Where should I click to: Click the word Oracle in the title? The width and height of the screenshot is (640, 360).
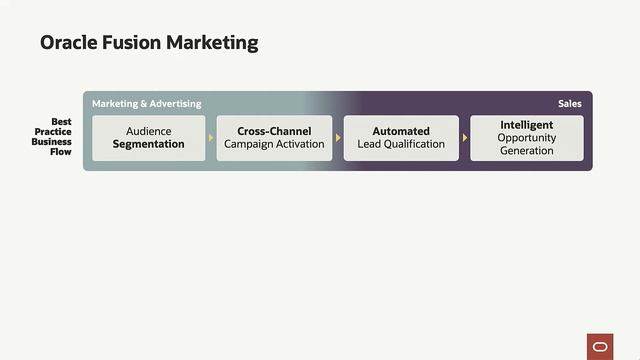click(x=68, y=43)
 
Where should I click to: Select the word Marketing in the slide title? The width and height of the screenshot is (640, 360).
click(x=212, y=43)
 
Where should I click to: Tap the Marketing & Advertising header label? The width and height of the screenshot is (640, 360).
click(x=147, y=104)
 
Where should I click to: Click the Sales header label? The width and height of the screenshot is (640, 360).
click(x=569, y=104)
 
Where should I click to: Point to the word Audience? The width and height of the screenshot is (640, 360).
click(x=149, y=131)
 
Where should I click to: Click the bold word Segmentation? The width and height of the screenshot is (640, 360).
click(x=149, y=144)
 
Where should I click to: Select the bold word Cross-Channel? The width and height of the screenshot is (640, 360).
click(x=274, y=131)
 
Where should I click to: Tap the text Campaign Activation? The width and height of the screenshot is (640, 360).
click(x=274, y=144)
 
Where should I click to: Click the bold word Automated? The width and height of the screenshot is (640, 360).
click(x=401, y=131)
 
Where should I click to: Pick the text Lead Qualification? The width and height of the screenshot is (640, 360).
click(x=401, y=144)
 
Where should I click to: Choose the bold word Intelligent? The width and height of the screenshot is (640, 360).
click(x=527, y=125)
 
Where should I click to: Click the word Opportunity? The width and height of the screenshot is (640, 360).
click(x=527, y=138)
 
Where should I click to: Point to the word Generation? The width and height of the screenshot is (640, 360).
click(x=527, y=151)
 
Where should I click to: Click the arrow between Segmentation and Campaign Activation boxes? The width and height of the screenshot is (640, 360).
click(x=211, y=138)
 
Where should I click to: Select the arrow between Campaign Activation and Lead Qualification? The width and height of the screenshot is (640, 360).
click(x=338, y=138)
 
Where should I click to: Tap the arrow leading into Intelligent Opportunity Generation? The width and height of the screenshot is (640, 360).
click(x=465, y=138)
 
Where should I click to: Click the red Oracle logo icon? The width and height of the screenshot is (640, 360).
click(x=600, y=345)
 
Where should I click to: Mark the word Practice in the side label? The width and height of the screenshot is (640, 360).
click(x=53, y=132)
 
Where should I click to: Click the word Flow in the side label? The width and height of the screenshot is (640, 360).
click(x=61, y=152)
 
